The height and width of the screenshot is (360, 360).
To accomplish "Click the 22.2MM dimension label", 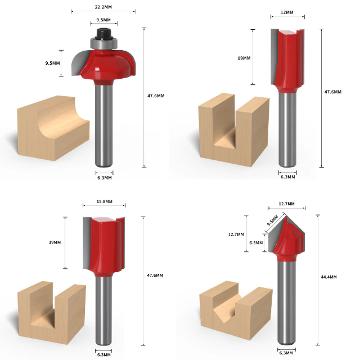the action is tap(103, 7).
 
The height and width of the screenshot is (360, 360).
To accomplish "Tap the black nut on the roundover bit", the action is tap(103, 34).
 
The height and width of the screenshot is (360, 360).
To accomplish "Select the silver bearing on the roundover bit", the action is tap(103, 43).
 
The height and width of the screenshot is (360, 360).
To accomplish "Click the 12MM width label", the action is tap(287, 12).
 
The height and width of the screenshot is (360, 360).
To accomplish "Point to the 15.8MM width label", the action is tap(105, 201).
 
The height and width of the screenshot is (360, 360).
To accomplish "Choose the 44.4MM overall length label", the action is tap(328, 277).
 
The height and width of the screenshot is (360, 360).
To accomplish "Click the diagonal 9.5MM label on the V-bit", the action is tap(272, 220).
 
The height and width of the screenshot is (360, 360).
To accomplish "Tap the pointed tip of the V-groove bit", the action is tap(286, 215).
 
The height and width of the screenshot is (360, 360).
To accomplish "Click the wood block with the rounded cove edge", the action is tap(53, 128).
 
